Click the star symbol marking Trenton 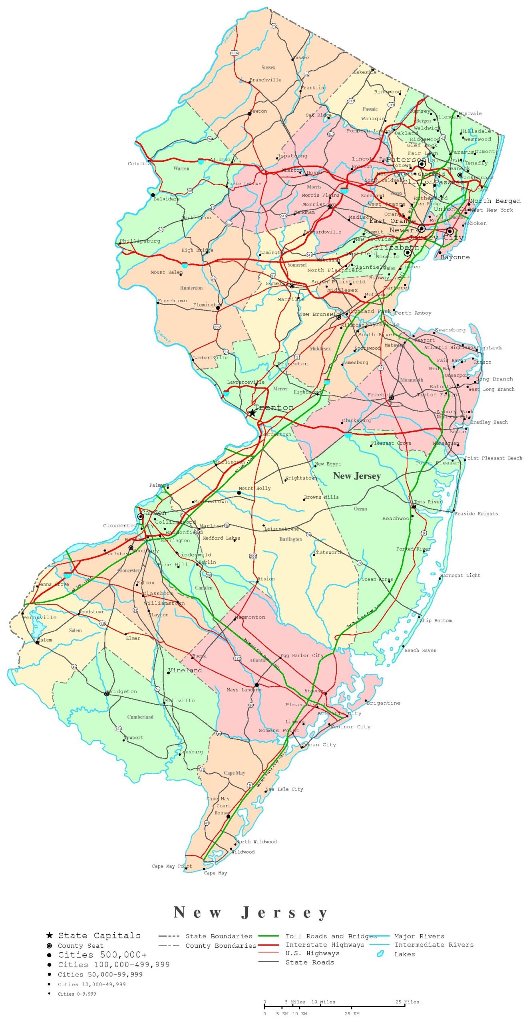tap(252, 412)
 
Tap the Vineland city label tap(185, 670)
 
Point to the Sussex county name tap(268, 67)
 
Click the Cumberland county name tap(140, 717)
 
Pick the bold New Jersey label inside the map tap(357, 476)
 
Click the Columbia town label tap(139, 164)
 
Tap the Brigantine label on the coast tap(383, 703)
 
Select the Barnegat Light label tap(460, 575)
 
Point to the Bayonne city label tap(455, 257)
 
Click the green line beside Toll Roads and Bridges tap(268, 936)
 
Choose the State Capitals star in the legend tap(50, 935)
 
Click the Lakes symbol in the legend tap(380, 954)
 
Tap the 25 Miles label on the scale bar tap(407, 1002)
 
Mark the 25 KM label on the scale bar tap(352, 1014)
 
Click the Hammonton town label tap(251, 617)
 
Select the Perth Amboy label tap(413, 313)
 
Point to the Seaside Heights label tap(476, 514)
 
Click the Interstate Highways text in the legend tap(325, 945)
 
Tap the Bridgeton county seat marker tap(107, 694)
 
